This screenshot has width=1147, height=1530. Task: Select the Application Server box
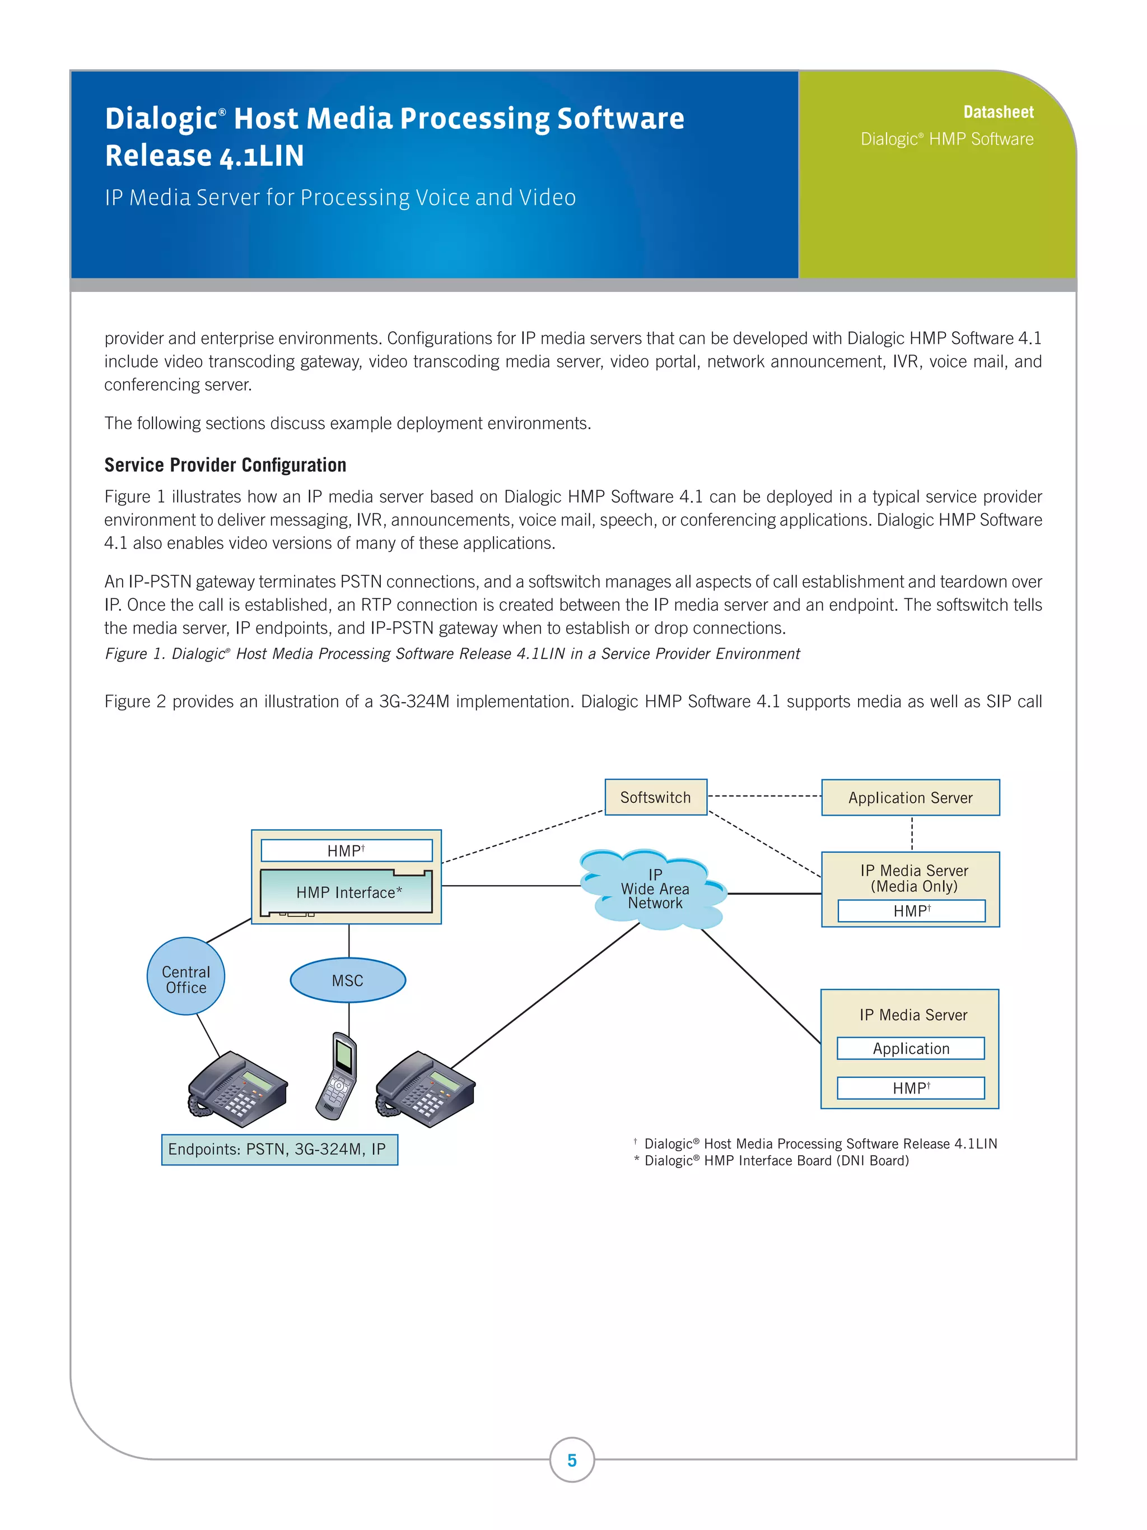910,798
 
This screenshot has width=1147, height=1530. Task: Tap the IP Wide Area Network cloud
654,890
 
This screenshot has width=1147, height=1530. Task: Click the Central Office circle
185,976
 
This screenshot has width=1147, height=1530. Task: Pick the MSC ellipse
347,980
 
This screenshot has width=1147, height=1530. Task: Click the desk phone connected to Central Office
237,1087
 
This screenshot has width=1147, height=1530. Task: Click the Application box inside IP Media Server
910,1049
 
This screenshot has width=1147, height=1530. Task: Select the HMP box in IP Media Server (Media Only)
911,911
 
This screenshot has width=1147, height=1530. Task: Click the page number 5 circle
572,1460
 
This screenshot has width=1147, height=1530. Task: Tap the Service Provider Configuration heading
225,465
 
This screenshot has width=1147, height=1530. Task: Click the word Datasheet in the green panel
997,112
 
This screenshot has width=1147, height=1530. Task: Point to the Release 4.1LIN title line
204,156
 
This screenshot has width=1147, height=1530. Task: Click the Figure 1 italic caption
451,654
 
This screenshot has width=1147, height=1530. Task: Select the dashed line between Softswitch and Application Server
764,796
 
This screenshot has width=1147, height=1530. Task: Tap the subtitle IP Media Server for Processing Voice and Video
340,198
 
